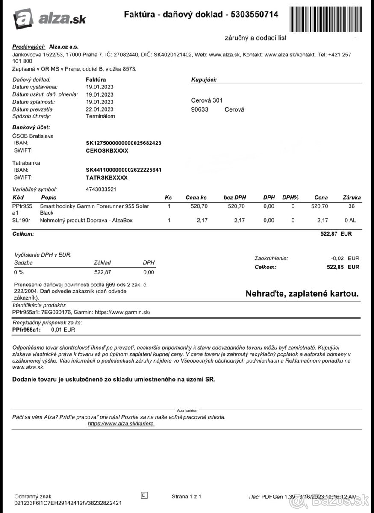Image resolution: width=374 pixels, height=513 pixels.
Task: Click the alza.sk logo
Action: pos(49,18)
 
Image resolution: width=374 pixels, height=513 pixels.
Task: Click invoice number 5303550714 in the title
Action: pos(254,15)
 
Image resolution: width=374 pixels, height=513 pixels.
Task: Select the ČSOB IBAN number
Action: pos(124,143)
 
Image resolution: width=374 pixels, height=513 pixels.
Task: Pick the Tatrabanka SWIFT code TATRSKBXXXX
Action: pos(106,177)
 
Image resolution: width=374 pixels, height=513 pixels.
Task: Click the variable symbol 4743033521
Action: pos(101,189)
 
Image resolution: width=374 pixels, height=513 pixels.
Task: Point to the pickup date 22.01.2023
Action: pos(100,109)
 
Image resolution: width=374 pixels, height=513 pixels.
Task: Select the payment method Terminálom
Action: pos(100,116)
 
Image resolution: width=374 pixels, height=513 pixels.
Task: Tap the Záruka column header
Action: pos(352,198)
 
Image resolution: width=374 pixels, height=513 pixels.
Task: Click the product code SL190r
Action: pos(21,221)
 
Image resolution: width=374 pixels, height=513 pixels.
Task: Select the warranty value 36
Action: pos(352,206)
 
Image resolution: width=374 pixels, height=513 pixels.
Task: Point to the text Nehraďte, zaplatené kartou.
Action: pos(302,294)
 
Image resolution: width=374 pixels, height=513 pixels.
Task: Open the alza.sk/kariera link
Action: pos(121,424)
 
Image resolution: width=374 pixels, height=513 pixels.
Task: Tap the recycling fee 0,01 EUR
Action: pos(63,330)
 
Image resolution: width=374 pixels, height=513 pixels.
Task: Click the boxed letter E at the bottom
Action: pos(144,495)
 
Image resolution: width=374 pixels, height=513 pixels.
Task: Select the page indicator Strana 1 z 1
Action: pos(186,496)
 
